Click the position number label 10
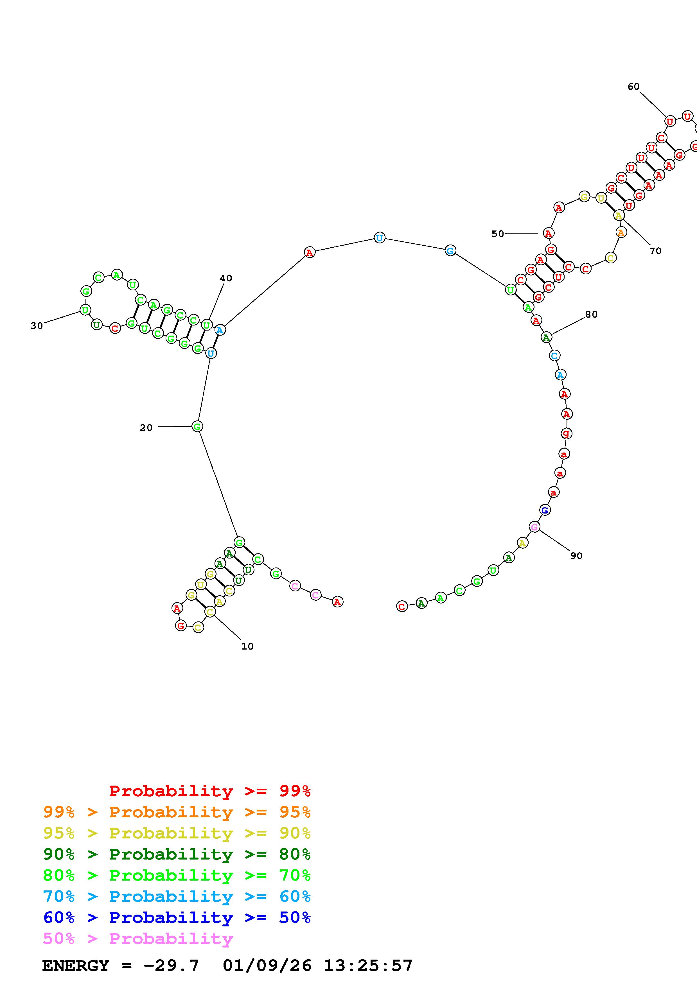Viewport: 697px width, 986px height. (x=247, y=646)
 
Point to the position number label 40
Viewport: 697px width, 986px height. (x=226, y=278)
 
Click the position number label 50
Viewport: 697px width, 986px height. (x=498, y=234)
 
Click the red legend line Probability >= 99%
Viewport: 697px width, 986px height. (x=210, y=791)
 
